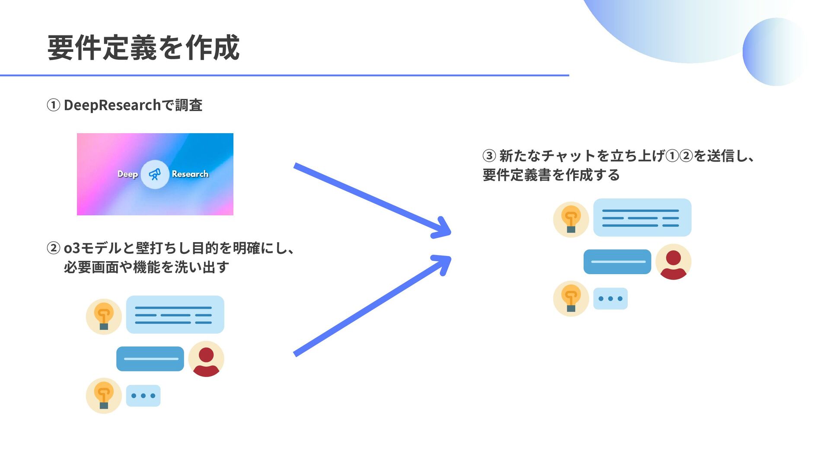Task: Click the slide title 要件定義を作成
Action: point(143,48)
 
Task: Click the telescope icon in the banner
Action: point(155,174)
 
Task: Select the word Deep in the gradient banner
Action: point(128,174)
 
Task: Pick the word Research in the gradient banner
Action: point(190,174)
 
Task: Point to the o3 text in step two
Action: point(72,248)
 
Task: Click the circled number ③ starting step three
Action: point(489,155)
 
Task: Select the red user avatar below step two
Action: point(206,359)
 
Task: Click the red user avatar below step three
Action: point(673,262)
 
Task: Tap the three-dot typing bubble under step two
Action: point(143,396)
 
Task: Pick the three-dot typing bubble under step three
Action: point(610,298)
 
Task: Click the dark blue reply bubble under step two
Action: point(150,359)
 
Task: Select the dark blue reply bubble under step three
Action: point(617,262)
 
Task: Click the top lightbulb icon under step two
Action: point(104,317)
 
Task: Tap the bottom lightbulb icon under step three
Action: point(571,298)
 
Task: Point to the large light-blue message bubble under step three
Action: point(642,218)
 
